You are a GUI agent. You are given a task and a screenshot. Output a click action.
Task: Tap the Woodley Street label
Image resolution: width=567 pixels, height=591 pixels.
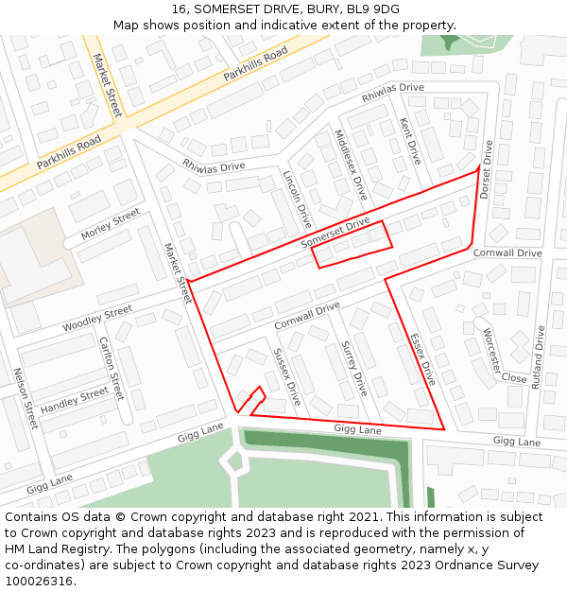(x=97, y=319)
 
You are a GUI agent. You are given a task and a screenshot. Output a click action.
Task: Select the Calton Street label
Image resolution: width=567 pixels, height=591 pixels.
(x=112, y=368)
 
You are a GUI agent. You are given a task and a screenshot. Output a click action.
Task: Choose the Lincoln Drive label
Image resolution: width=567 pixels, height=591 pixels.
(x=297, y=200)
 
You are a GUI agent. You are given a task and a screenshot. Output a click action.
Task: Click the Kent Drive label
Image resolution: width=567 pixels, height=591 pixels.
(x=410, y=141)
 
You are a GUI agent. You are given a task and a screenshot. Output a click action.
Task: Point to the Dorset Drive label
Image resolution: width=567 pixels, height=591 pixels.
(x=487, y=170)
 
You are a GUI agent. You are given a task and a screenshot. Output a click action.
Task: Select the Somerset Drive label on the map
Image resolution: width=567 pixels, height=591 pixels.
(x=335, y=234)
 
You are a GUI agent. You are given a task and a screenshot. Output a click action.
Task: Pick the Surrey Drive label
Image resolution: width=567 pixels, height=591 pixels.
(x=353, y=368)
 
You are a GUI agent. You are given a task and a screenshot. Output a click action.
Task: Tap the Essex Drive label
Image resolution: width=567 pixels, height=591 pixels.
(x=422, y=359)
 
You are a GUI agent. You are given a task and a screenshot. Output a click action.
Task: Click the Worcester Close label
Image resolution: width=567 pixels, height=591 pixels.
(x=503, y=357)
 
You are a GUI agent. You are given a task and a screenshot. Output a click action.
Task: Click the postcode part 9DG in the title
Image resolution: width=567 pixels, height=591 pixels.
(x=385, y=9)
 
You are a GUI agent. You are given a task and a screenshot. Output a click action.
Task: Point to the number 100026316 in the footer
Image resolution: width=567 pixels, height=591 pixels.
(x=37, y=581)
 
